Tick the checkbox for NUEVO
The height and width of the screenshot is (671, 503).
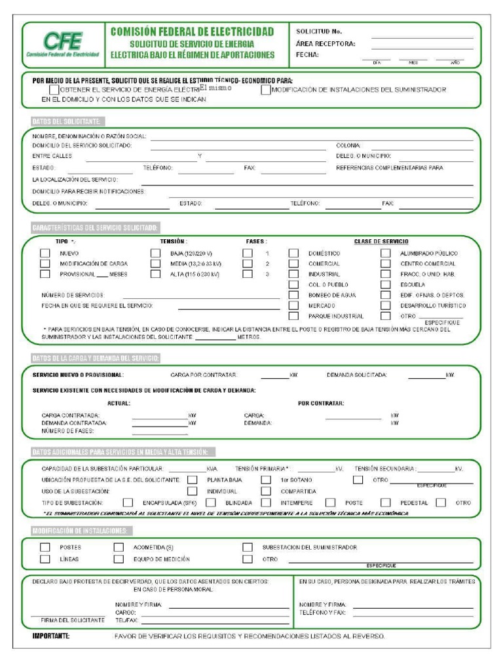tap(45, 253)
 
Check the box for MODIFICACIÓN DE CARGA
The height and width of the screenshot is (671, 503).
tap(45, 263)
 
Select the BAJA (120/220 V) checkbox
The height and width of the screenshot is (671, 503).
tap(155, 253)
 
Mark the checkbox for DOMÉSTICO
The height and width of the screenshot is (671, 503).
tap(293, 253)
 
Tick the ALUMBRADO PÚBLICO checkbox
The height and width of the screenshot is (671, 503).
tap(386, 253)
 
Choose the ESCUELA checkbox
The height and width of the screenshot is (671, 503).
tap(386, 284)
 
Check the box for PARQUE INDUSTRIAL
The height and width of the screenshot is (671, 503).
tap(293, 316)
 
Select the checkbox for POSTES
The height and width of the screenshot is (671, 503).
tap(45, 546)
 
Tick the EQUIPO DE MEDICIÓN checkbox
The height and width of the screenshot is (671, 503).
tap(119, 559)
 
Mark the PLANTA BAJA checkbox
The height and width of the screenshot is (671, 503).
tap(192, 480)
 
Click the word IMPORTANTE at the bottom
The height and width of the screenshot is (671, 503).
tap(51, 636)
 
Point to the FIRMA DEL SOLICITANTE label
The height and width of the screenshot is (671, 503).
tap(73, 619)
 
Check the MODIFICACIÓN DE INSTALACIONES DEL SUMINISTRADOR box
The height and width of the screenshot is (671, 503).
tap(265, 90)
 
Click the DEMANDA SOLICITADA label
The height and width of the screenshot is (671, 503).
tap(357, 375)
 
